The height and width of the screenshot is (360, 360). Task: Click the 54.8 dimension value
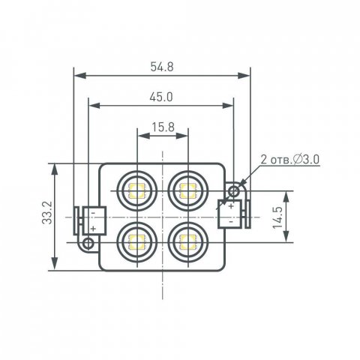click(x=162, y=66)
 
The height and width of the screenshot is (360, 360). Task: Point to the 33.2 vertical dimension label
click(x=46, y=217)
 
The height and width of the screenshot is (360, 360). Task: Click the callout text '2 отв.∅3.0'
click(x=290, y=160)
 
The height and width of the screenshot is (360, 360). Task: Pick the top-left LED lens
click(x=137, y=190)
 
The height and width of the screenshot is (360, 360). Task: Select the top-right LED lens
click(x=187, y=190)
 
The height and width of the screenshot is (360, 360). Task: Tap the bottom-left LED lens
click(x=137, y=241)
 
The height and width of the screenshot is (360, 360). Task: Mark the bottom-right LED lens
click(x=187, y=241)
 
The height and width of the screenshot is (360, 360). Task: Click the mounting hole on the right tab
click(x=234, y=192)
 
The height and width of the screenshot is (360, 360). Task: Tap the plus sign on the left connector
click(x=92, y=227)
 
